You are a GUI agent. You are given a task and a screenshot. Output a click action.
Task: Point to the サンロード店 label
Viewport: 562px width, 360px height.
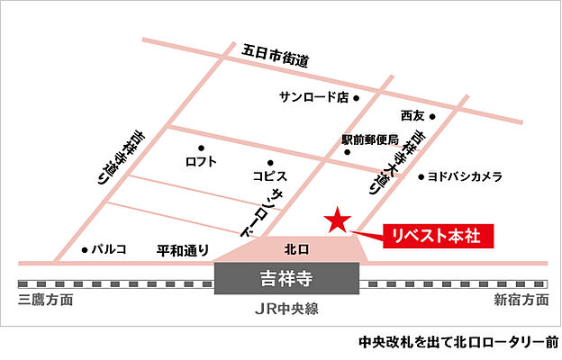(x=313, y=97)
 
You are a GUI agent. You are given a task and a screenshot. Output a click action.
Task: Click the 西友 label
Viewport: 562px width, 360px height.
(x=412, y=116)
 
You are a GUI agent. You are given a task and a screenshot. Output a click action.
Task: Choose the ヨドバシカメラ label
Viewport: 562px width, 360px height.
(x=467, y=177)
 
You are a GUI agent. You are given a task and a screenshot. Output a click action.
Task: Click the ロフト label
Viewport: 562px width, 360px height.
(x=201, y=162)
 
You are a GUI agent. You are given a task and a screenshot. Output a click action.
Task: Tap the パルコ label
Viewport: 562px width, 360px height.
(x=109, y=249)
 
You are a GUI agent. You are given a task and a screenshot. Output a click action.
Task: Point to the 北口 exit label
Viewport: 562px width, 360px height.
(x=296, y=247)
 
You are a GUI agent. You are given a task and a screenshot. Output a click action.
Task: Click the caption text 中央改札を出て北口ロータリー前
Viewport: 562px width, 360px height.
(x=458, y=343)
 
